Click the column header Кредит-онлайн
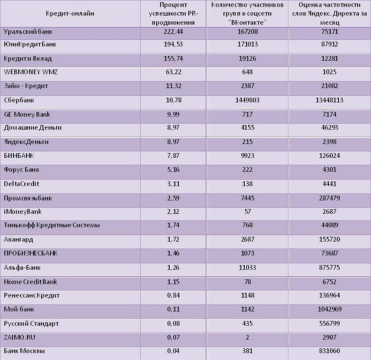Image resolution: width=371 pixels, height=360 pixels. [70, 14]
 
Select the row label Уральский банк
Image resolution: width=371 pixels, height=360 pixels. [28, 32]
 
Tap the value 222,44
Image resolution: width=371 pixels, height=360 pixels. [173, 32]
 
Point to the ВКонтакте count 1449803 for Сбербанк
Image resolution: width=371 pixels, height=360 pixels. [247, 100]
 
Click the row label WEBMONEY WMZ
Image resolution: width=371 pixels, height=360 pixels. [30, 72]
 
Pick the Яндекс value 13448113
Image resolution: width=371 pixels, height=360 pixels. [329, 100]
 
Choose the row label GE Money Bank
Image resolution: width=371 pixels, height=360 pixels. [27, 114]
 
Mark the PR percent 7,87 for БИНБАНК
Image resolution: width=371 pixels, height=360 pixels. [173, 156]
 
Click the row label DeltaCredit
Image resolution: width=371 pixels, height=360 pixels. [21, 184]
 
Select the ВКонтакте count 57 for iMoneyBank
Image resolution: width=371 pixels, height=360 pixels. [248, 211]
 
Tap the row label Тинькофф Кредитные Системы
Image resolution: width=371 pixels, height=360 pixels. [52, 225]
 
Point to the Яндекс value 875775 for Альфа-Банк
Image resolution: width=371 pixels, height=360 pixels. [329, 268]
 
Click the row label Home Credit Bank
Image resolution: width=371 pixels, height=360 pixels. [30, 282]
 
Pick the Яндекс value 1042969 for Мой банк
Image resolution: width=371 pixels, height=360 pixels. [329, 309]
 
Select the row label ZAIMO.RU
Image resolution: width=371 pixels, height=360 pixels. [19, 337]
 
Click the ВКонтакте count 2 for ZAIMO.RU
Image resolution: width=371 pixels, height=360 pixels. [248, 337]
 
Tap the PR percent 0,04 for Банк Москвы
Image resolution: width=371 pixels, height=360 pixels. [173, 351]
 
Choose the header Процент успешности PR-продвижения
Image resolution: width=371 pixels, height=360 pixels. [173, 14]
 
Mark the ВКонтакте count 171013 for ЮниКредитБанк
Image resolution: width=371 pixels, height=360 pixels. [248, 44]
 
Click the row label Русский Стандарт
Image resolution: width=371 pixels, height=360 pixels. [31, 323]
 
